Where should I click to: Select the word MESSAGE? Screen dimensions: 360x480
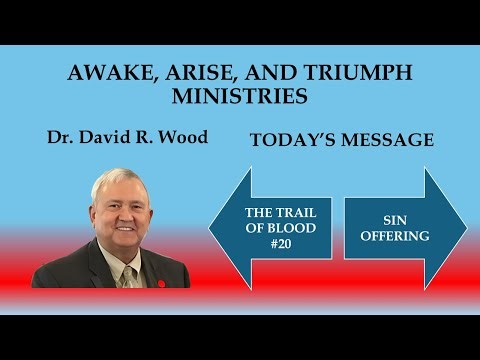point(390,141)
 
